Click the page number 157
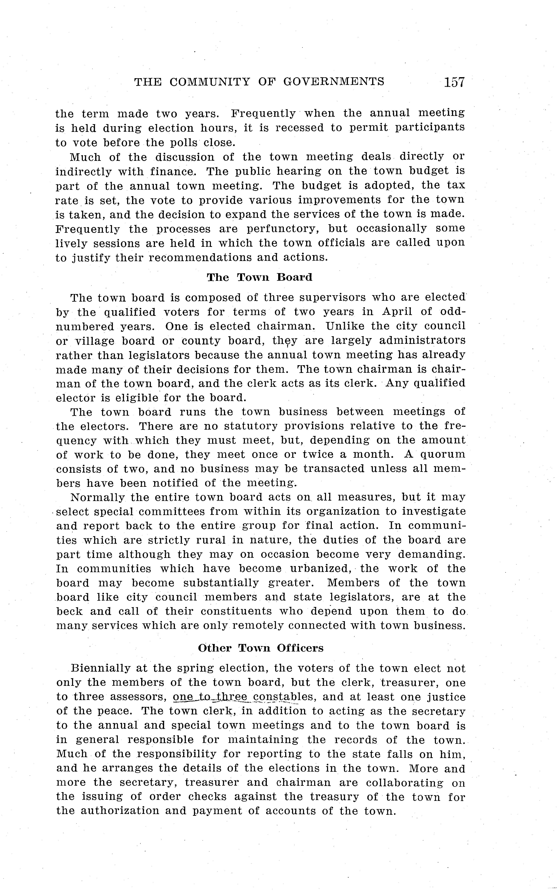point(454,82)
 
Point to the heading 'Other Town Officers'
point(261,648)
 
